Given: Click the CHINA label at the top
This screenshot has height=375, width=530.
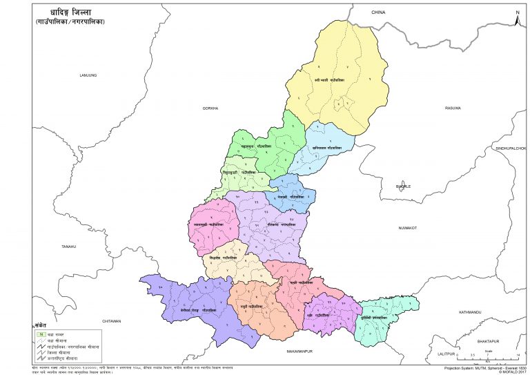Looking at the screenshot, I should [377, 12].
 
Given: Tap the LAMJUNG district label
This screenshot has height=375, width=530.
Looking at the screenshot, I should [87, 74].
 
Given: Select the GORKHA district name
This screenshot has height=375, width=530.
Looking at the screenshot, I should [210, 108].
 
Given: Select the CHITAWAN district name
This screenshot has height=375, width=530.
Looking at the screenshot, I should [111, 321].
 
